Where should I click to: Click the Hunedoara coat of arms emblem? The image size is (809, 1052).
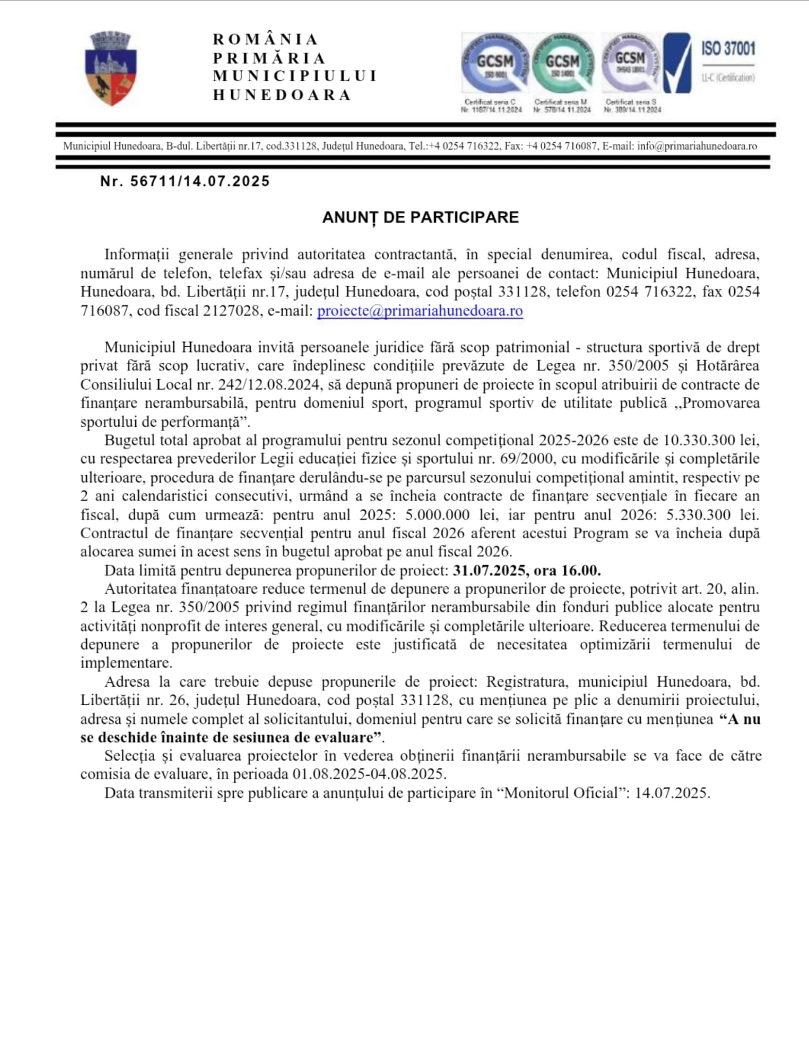coord(111,68)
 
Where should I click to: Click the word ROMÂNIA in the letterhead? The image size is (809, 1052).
coord(266,40)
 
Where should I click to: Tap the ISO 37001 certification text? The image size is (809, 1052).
coord(728,49)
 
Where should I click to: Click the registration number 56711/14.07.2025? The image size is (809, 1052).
coord(200,181)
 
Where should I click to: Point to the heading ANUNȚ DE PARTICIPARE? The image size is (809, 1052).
coord(420,217)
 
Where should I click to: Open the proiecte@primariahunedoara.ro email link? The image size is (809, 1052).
coord(420,311)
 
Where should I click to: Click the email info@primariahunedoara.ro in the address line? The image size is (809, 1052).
coord(697,146)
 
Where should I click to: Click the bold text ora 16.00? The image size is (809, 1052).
coord(567,571)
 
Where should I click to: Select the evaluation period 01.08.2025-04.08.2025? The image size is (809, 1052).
coord(369,774)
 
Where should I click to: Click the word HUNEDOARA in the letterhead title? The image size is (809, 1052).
coord(282,95)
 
